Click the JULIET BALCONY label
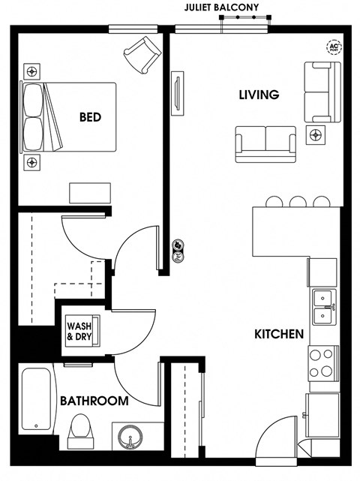[221, 8]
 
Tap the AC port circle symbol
[334, 47]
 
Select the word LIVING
[259, 95]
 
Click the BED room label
[90, 117]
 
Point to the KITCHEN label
[279, 334]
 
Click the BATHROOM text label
[94, 401]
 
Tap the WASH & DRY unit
[83, 331]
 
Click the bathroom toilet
[81, 431]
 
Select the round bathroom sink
[130, 437]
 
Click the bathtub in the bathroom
[37, 398]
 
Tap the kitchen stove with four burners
[323, 363]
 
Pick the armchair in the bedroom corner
[142, 55]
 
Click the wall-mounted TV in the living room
[177, 94]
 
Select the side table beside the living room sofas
[316, 135]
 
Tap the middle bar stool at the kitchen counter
[298, 202]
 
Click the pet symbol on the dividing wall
[178, 251]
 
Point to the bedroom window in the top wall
[133, 29]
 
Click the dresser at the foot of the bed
[90, 193]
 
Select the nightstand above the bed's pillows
[32, 72]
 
